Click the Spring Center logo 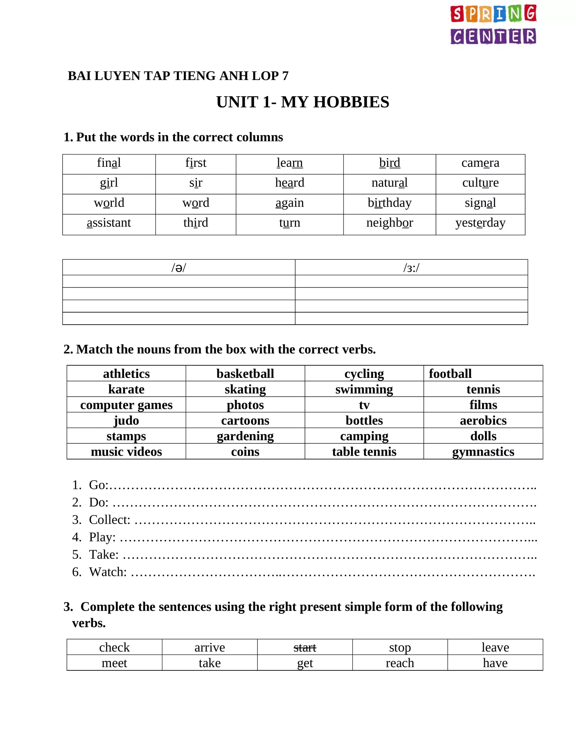coord(493,24)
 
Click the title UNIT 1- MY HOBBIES coord(302,102)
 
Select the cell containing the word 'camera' coord(480,163)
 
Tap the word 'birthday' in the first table coord(390,203)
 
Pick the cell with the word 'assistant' coord(109,223)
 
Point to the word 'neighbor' coord(390,223)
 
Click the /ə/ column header coord(179,268)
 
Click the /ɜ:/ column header coord(411,268)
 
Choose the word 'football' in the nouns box coord(450,374)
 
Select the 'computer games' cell coord(126,405)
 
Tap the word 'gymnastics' coord(483,452)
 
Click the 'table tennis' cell coord(364,452)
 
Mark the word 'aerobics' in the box coord(483,420)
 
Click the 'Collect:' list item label coord(109,520)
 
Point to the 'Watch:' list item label coord(108,572)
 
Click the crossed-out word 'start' coord(305,648)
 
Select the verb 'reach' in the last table coord(400,663)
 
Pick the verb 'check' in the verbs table coord(114,648)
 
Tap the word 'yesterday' coord(480,223)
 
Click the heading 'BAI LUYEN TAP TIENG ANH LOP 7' coord(178,76)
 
